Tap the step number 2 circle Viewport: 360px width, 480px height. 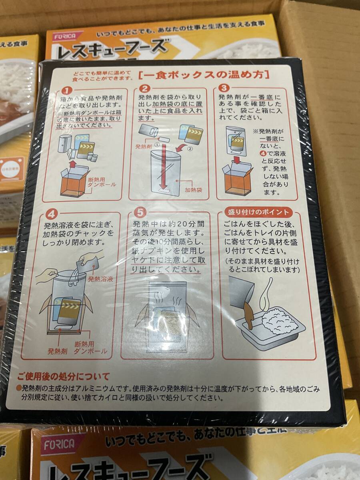146,89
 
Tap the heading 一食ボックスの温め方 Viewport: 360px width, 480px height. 204,74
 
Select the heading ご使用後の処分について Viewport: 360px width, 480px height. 63,376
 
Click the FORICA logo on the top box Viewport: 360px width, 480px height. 65,36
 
